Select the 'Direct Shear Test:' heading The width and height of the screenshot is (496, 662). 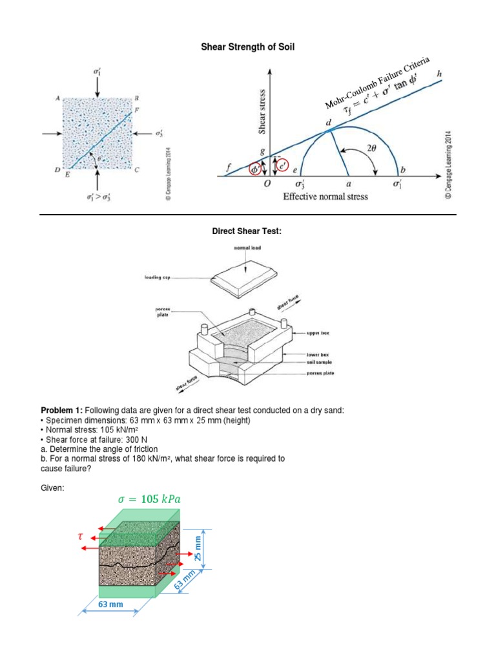coord(248,231)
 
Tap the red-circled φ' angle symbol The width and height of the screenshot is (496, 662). coord(256,169)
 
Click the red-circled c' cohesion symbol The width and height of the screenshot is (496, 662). coord(282,165)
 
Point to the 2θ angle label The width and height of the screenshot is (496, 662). coord(372,148)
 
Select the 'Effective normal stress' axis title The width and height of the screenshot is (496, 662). coord(325,197)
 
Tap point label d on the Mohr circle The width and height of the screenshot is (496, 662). coord(328,123)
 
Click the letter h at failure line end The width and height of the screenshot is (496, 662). coord(440,74)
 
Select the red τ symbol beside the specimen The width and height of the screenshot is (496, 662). coord(81,536)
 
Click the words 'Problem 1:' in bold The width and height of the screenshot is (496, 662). coord(63,411)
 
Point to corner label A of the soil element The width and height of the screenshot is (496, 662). coord(57,98)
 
